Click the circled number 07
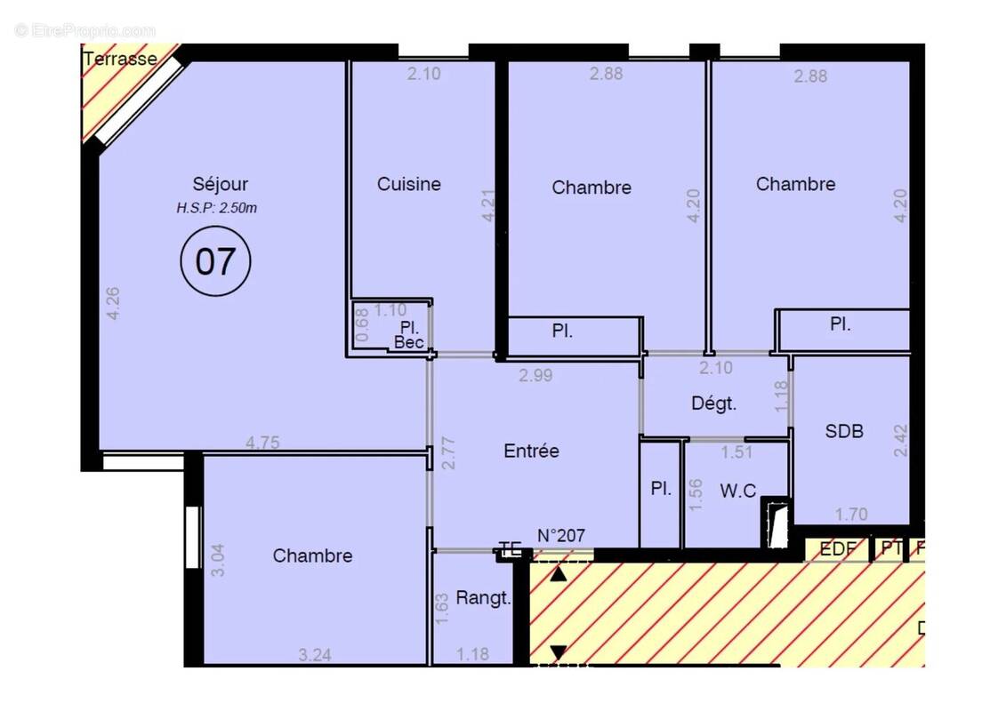click(215, 261)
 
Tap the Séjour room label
click(221, 185)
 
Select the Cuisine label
click(408, 184)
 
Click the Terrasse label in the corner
click(120, 60)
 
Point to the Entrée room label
click(531, 451)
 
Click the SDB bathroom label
click(844, 432)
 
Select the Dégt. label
click(714, 403)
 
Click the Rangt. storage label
click(483, 598)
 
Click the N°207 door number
click(560, 535)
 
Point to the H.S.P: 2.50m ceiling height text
click(217, 209)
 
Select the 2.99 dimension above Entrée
click(535, 375)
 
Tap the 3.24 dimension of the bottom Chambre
click(316, 656)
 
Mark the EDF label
click(837, 549)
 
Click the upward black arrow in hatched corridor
click(558, 574)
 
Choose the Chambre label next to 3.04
click(312, 555)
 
